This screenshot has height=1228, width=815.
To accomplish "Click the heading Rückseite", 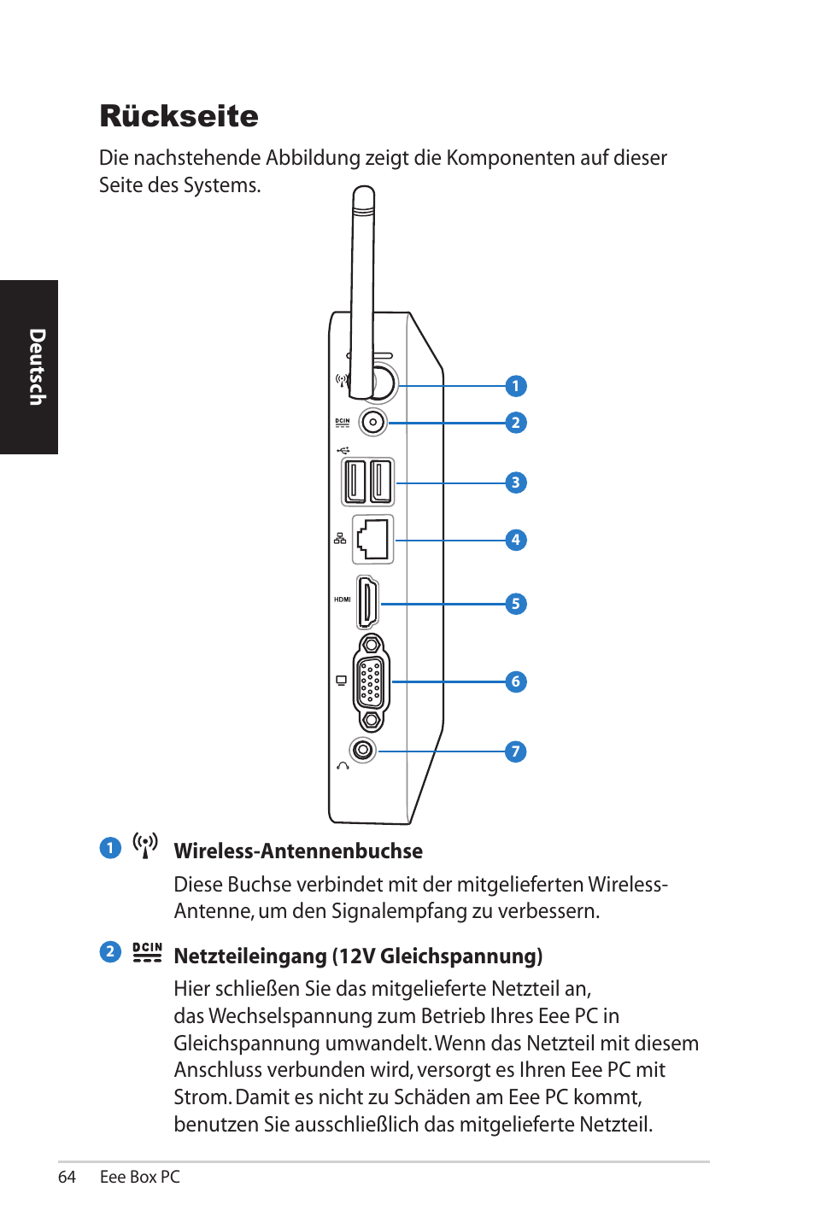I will pos(179,116).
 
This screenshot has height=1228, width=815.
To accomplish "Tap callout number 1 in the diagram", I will pos(515,386).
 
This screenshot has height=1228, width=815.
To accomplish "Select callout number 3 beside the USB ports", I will pos(515,482).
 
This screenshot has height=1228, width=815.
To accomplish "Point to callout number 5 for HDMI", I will pos(515,604).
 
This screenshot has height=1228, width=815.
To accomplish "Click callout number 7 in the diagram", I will pos(515,751).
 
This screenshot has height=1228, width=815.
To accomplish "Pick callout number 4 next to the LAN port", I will pos(515,540).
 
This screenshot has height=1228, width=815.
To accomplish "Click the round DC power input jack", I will pos(373,422).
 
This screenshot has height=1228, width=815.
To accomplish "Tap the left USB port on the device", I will pos(355,482).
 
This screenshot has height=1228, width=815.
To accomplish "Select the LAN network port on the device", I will pos(373,539).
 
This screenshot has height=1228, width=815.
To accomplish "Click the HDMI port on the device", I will pos(368,603).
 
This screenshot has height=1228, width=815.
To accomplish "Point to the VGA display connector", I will pos(371,682).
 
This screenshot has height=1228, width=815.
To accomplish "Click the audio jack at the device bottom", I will pos(363,750).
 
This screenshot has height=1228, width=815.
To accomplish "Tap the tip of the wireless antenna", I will pos(364,195).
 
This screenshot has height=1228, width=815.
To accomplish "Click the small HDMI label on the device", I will pos(342,599).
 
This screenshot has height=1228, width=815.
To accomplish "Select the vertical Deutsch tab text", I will pos(36,367).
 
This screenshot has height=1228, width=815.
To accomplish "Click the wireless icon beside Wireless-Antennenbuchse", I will pos(145,845).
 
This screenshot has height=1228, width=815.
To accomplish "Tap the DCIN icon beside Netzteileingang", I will pos(147,952).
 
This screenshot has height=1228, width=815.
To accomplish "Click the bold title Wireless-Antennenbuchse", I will pos(298,851).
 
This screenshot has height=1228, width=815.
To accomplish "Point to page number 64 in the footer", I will pos(67,1177).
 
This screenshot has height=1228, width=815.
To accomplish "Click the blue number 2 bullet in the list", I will pos(110,951).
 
